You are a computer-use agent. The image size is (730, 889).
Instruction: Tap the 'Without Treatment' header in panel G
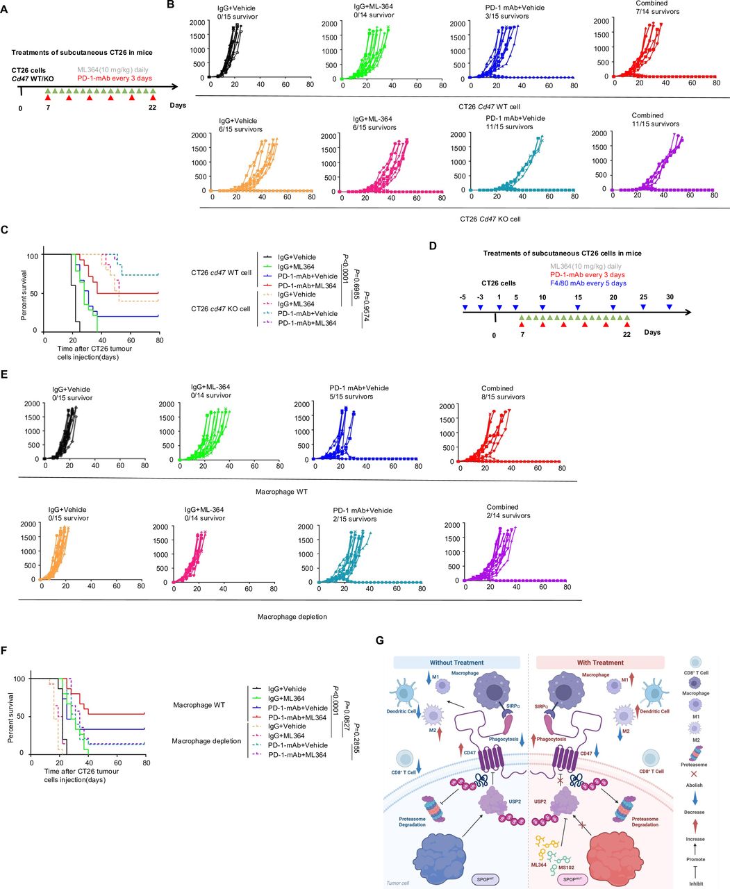456,662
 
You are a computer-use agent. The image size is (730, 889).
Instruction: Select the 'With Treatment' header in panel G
600,662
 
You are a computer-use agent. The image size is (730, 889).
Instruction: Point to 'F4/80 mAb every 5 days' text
588,283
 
